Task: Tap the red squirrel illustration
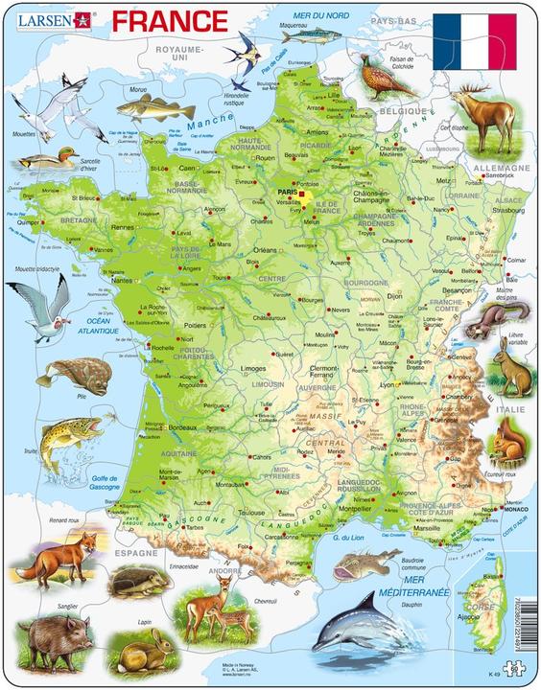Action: (x=506, y=444)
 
